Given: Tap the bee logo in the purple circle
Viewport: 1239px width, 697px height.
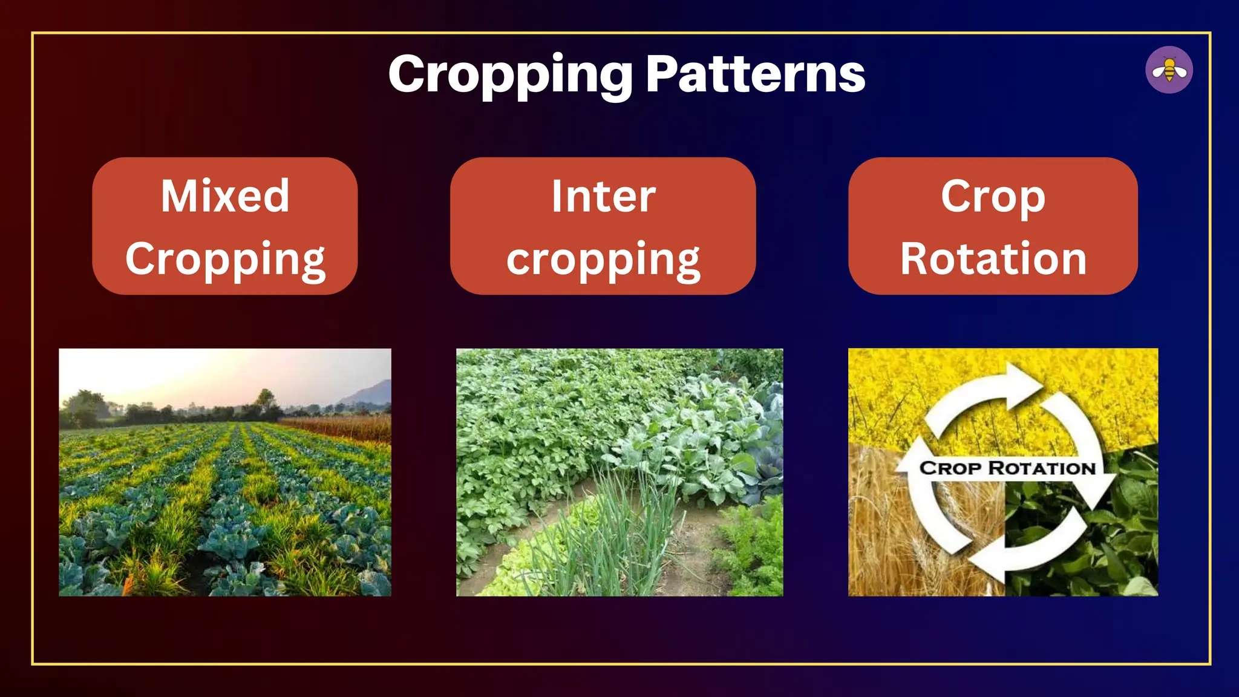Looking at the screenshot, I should (1169, 70).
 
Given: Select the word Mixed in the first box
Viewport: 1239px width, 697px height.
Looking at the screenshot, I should (225, 196).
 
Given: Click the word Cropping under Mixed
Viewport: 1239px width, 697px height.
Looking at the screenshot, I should (225, 259).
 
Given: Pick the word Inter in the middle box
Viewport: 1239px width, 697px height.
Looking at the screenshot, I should (603, 196).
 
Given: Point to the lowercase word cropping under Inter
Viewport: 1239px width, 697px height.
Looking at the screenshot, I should (603, 259).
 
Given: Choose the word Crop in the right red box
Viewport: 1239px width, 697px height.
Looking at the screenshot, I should (993, 196).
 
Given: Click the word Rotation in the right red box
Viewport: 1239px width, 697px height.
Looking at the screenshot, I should (993, 259).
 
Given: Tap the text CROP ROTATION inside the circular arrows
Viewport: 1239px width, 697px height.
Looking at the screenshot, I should (1007, 468).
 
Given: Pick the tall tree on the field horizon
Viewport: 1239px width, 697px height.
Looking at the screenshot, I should (264, 399).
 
